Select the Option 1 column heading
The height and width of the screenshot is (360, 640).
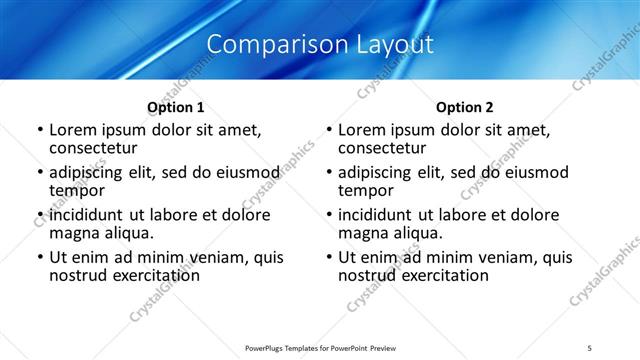click(x=176, y=107)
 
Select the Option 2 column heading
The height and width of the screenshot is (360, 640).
click(x=465, y=107)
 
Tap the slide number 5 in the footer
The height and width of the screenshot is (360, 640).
click(x=590, y=347)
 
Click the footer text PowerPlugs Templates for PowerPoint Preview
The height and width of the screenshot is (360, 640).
click(x=320, y=347)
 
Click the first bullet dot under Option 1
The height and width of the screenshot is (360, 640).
click(x=40, y=131)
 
